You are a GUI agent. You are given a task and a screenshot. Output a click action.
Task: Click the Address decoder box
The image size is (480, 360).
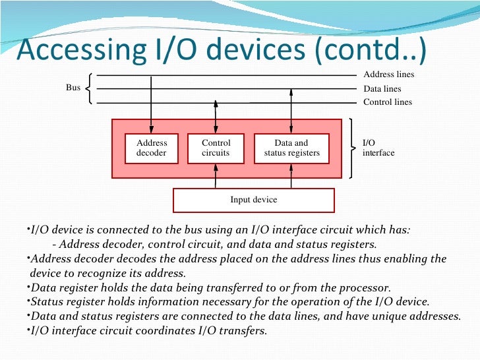[152, 148]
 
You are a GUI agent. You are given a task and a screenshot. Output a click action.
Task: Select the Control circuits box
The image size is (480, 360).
[216, 148]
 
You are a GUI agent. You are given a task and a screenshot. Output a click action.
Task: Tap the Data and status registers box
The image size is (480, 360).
[291, 148]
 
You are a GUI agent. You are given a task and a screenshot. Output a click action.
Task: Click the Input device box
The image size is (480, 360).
[253, 200]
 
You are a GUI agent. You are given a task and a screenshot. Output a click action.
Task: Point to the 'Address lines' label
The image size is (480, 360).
[388, 75]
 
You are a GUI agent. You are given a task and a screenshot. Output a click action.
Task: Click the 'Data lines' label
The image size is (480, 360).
[382, 89]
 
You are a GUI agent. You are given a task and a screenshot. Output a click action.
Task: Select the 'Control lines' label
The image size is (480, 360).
[387, 102]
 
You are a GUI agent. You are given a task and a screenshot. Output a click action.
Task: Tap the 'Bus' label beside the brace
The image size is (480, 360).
[73, 88]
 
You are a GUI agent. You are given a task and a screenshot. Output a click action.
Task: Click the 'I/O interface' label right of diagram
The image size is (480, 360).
[378, 148]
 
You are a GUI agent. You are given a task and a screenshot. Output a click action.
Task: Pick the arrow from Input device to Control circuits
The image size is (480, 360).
[216, 175]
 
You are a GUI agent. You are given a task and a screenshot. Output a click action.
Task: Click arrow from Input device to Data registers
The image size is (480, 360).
[291, 175]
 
